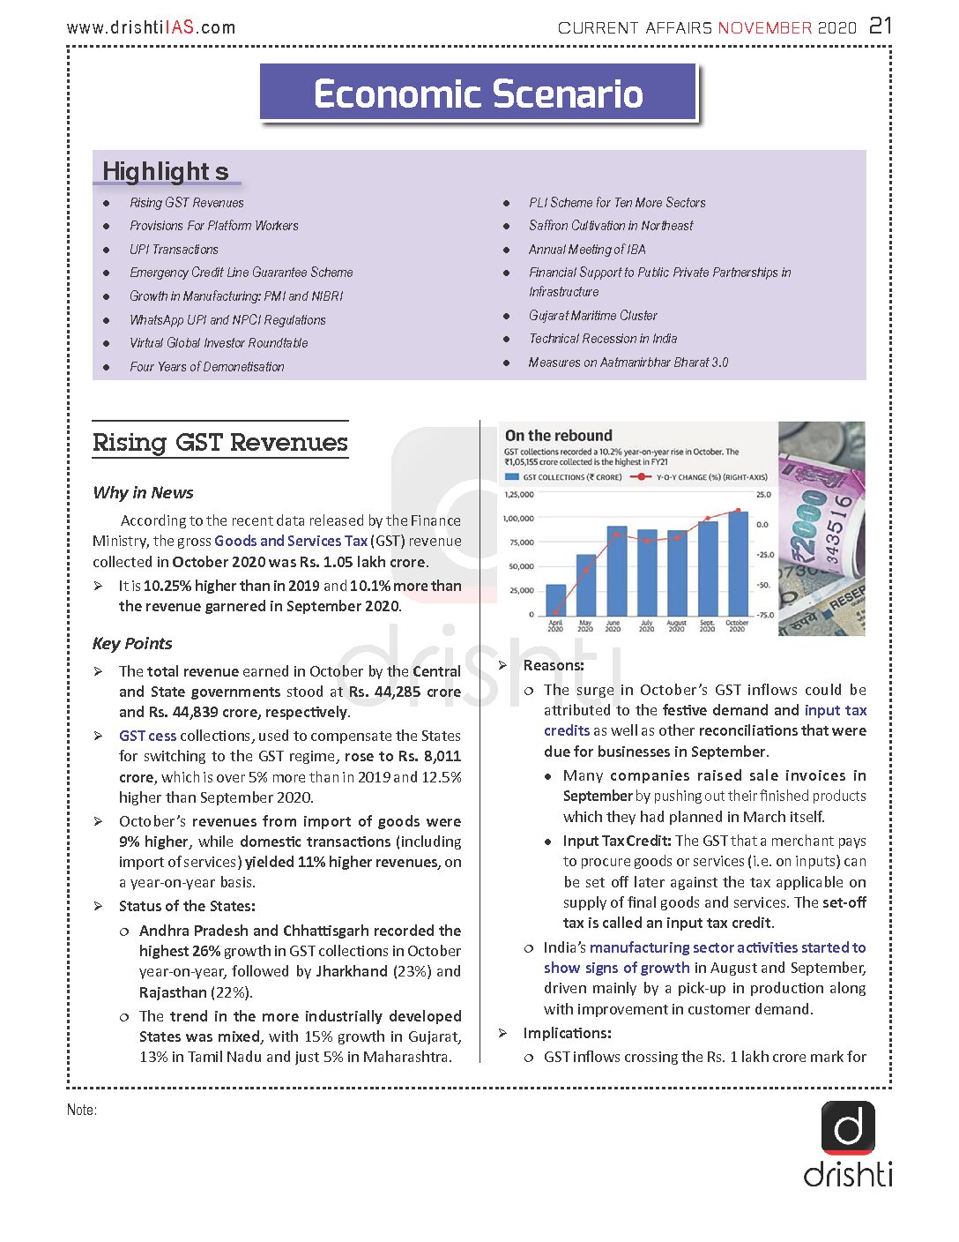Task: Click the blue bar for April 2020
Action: tap(556, 600)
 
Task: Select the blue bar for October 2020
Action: tap(738, 564)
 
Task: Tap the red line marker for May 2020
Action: tap(586, 571)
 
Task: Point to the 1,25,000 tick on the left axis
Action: tap(518, 495)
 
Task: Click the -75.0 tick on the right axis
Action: tap(763, 615)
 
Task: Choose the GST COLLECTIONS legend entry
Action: tap(564, 477)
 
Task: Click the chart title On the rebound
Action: tap(558, 436)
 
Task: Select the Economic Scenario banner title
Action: tap(478, 94)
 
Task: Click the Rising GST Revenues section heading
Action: tap(220, 442)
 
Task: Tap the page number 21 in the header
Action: tap(881, 26)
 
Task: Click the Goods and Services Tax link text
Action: tap(291, 541)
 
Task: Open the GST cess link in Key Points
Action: tap(147, 736)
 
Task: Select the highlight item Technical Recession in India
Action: tap(603, 339)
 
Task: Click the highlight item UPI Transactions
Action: tap(174, 250)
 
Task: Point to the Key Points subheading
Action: tap(132, 643)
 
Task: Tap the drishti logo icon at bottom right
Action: tap(848, 1127)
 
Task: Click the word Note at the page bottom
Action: tap(81, 1110)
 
